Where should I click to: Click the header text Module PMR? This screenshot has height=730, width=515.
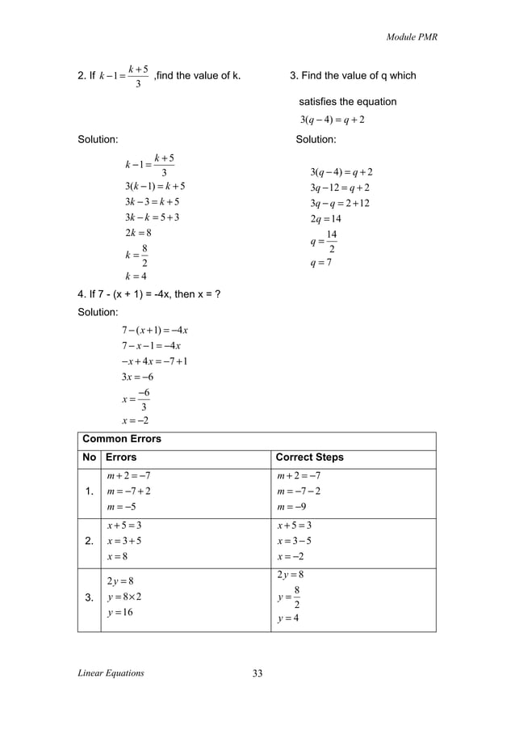412,37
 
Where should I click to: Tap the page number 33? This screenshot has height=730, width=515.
258,673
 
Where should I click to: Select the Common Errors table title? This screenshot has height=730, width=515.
122,439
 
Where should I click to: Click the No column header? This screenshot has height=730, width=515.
90,458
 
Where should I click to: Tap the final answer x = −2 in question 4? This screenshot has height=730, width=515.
135,420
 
